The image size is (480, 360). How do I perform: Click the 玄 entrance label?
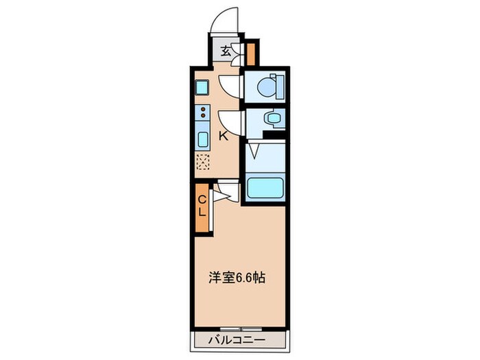(x=226, y=49)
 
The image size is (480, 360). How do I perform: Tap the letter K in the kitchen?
(x=224, y=135)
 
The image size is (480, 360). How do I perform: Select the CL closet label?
(x=202, y=205)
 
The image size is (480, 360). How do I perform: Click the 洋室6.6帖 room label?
(x=237, y=278)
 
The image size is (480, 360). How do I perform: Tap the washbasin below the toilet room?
(x=273, y=119)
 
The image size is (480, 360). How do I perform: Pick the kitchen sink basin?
(x=204, y=140)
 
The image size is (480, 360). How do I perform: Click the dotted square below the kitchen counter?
(x=204, y=162)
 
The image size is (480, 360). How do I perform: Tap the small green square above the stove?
(x=202, y=87)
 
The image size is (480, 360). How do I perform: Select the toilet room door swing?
(x=231, y=86)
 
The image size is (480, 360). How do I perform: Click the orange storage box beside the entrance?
(x=251, y=52)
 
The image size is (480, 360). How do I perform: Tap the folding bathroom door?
(x=254, y=150)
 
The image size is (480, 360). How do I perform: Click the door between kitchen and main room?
(x=226, y=192)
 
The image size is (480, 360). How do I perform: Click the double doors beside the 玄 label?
(x=237, y=52)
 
